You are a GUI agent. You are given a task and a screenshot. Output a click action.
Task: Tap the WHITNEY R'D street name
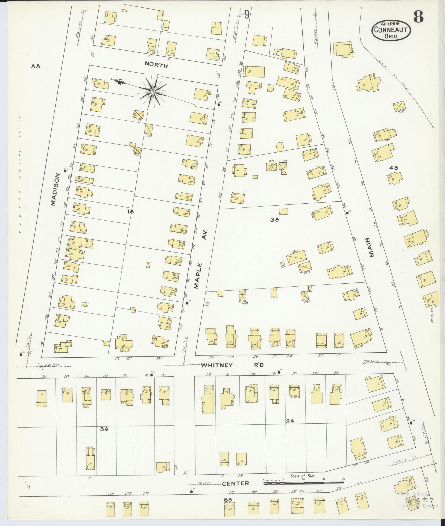[x=232, y=365]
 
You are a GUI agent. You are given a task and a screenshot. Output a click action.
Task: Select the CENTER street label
[x=235, y=483]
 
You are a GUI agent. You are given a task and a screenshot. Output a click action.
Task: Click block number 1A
[x=130, y=211]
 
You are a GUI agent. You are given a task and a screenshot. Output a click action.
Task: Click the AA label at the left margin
[x=36, y=66]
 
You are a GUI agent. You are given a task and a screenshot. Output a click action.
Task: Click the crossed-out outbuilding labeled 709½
[x=399, y=107]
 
